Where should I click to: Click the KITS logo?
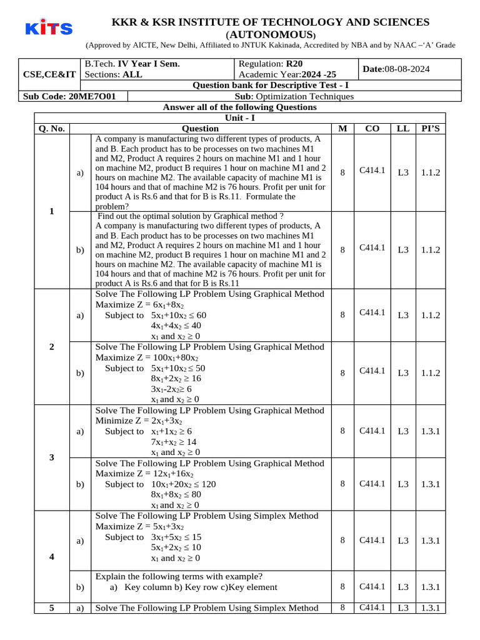[x=49, y=28]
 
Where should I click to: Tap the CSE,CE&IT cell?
[x=49, y=74]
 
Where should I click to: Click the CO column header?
[x=372, y=128]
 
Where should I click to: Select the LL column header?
[x=403, y=128]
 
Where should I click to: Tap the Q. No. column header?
[x=51, y=128]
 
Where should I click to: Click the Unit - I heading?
[x=239, y=117]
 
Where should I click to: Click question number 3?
[x=51, y=457]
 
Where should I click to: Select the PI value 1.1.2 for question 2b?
[x=430, y=373]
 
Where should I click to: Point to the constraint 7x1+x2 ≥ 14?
[x=174, y=441]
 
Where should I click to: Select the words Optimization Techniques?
[x=305, y=96]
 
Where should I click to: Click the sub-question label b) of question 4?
[x=80, y=587]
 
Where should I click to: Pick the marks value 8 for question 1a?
[x=342, y=173]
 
